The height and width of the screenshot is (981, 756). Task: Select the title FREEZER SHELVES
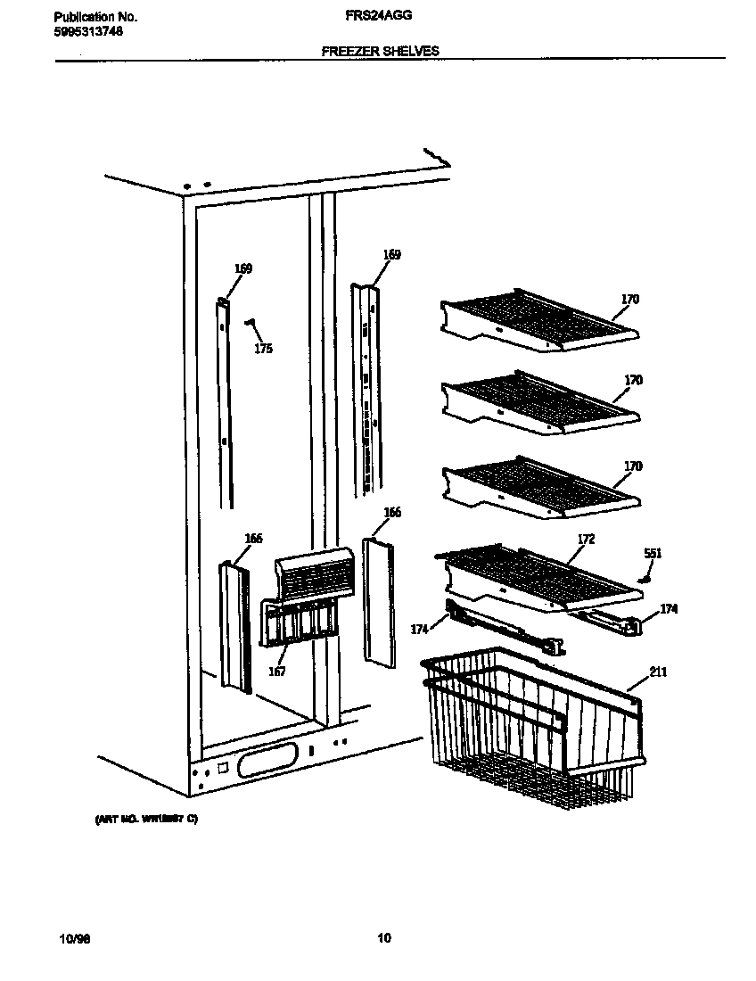[x=380, y=52]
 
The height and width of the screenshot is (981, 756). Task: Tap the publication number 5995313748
[x=88, y=31]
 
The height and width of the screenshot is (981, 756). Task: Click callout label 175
[x=263, y=349]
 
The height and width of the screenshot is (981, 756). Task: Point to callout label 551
[x=653, y=554]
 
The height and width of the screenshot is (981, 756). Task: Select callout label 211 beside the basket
[x=658, y=672]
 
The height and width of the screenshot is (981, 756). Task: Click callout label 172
[x=586, y=540]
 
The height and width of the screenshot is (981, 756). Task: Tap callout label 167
[x=277, y=672]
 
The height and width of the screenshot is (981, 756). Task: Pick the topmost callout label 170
[x=629, y=300]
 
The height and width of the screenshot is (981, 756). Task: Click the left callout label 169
[x=243, y=268]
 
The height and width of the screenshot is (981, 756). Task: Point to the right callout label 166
[x=391, y=512]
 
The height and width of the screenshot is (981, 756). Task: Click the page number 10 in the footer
[x=383, y=937]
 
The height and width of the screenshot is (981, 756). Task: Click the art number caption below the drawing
[x=146, y=819]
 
